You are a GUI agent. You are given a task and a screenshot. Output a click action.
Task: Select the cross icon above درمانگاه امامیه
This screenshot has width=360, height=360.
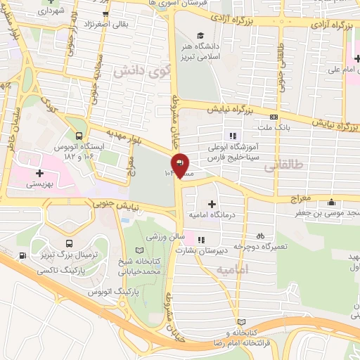coord(212,203)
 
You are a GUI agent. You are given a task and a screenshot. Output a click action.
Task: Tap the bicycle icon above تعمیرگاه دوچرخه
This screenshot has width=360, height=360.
coord(261,236)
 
